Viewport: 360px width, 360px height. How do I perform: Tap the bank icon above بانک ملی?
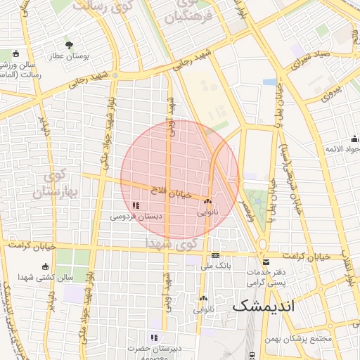coord(215,255)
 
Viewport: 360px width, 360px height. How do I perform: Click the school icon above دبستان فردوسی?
coord(136,206)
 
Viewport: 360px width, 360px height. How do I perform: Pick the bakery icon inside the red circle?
coord(207,201)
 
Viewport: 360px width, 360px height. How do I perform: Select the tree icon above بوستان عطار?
coord(68,44)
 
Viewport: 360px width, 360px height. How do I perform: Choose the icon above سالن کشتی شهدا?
coord(46,267)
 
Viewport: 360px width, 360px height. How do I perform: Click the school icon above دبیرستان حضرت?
coord(153,337)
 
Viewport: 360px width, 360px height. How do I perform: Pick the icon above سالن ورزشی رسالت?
coord(15,53)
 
